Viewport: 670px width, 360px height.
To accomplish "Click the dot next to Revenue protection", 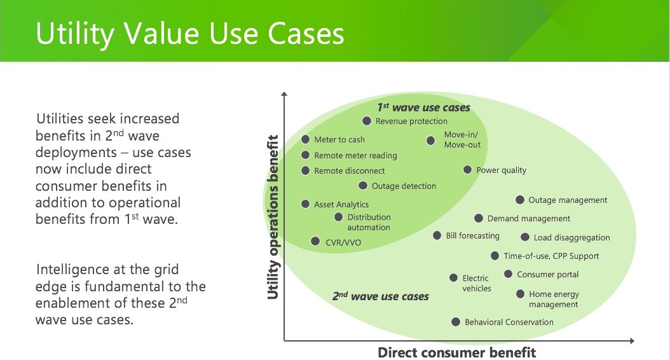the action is pos(367,121).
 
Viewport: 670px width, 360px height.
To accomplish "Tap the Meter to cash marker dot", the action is pos(305,139).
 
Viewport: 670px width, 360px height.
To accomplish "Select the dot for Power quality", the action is pos(467,170).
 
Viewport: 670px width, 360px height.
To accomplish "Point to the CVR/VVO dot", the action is pos(315,242).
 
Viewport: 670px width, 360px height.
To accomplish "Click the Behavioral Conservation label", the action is pos(509,322).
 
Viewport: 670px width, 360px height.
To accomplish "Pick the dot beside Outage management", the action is pos(519,200).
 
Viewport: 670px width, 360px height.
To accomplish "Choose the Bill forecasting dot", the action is pos(437,235).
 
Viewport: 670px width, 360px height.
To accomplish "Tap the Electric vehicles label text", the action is pos(476,283).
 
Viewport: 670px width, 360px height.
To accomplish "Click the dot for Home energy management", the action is pos(520,294).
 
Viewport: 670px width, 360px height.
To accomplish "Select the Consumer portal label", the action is pos(548,274).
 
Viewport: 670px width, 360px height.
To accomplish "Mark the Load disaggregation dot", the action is pos(525,237).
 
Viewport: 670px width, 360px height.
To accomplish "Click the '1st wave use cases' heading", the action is pos(423,107).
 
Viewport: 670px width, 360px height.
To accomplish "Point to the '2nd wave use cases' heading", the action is pos(380,296).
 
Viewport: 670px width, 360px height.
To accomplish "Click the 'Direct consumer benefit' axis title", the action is pos(456,352).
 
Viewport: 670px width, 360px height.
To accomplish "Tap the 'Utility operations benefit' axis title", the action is pos(273,217).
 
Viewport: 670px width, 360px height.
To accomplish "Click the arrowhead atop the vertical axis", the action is pos(284,94).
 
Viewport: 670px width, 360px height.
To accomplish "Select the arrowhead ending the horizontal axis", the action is pos(632,341).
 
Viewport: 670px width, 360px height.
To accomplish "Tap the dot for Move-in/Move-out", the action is pos(431,140).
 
